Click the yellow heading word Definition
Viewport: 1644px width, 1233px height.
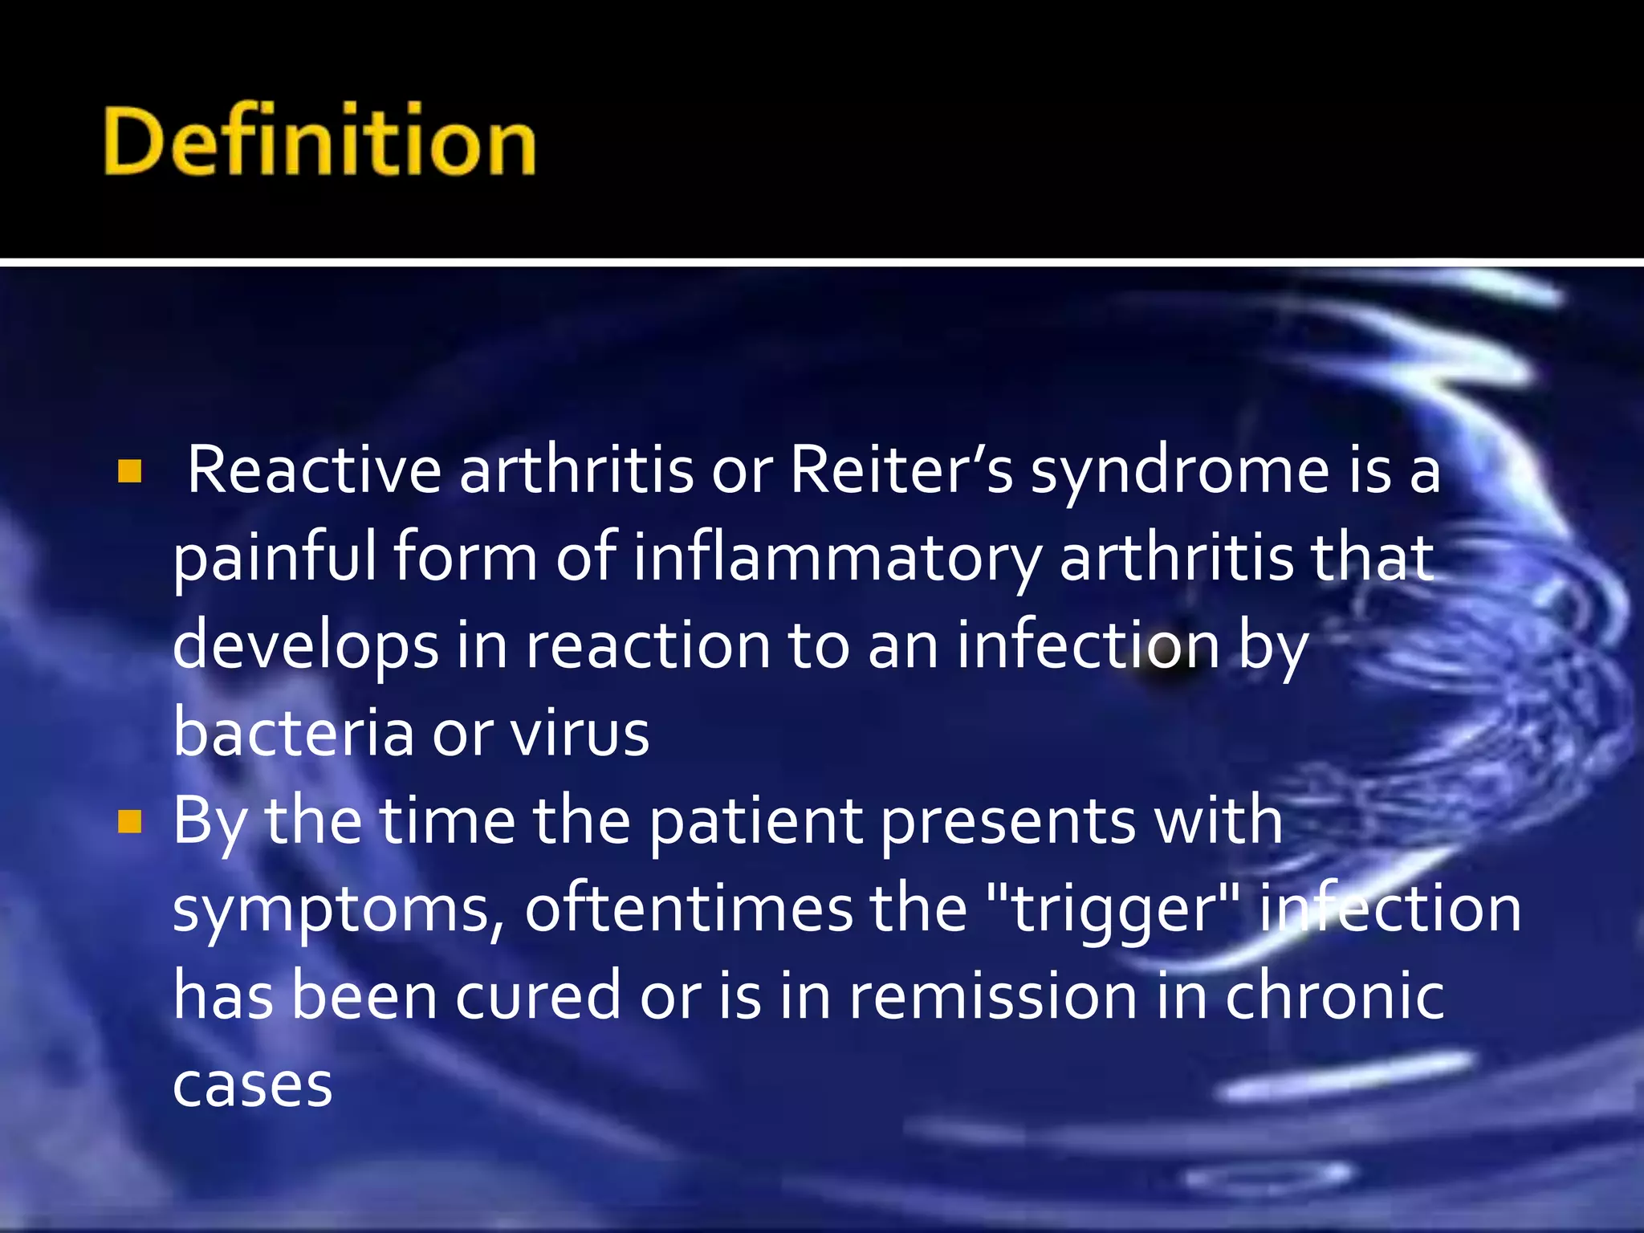tap(319, 141)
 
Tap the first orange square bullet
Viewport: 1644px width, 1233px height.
tap(129, 471)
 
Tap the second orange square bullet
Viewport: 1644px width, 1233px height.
tap(129, 822)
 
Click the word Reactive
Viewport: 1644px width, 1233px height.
tap(314, 470)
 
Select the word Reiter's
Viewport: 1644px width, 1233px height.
tap(901, 470)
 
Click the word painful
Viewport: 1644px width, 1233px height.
tap(275, 559)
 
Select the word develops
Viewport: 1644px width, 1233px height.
tap(305, 647)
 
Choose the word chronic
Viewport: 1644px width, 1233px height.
tap(1334, 995)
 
